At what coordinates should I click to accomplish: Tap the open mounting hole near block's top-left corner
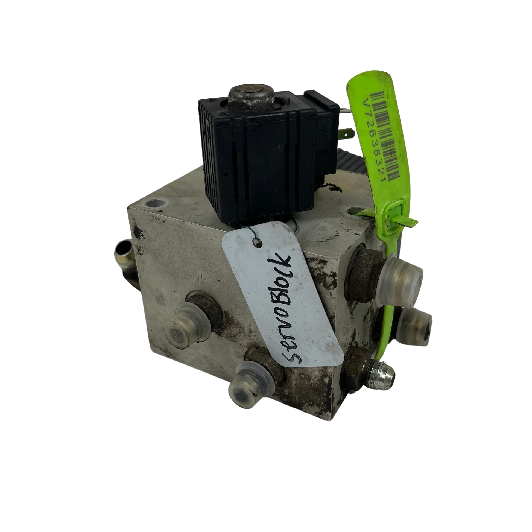154,204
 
